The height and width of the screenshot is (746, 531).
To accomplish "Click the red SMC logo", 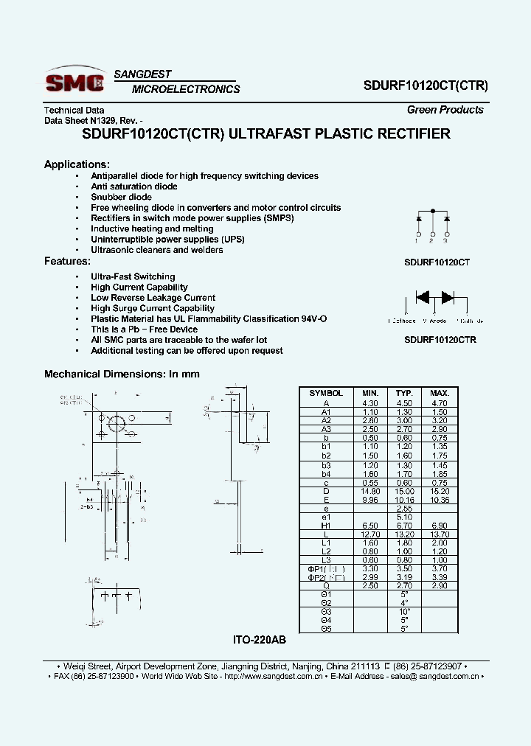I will point(76,81).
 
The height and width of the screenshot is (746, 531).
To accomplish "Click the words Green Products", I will point(445,110).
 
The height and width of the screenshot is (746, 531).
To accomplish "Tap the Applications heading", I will point(77,164).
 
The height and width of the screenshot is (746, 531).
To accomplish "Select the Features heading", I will point(67,261).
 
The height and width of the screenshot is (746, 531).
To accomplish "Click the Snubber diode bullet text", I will point(121,197).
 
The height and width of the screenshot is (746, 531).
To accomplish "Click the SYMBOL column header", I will point(326,393).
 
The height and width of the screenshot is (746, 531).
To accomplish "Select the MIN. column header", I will point(369,393).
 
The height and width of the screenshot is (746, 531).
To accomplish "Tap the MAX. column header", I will point(440,393).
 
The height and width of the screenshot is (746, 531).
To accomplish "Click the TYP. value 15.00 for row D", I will point(404,490).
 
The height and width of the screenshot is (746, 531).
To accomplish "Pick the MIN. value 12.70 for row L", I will point(369,533).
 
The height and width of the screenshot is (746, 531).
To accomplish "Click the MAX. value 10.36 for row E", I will point(440,499).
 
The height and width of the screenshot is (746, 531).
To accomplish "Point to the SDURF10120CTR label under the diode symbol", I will point(440,340).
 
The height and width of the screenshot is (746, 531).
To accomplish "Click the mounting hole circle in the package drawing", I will point(117,424).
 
